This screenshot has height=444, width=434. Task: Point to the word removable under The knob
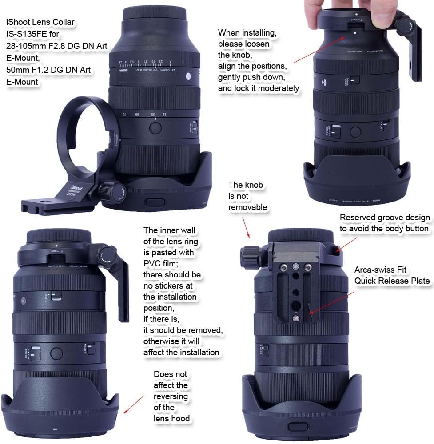(247, 207)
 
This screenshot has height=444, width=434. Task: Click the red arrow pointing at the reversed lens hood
(134, 404)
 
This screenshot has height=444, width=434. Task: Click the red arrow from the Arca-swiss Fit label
(331, 304)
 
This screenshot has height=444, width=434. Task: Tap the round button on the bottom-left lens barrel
(56, 353)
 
